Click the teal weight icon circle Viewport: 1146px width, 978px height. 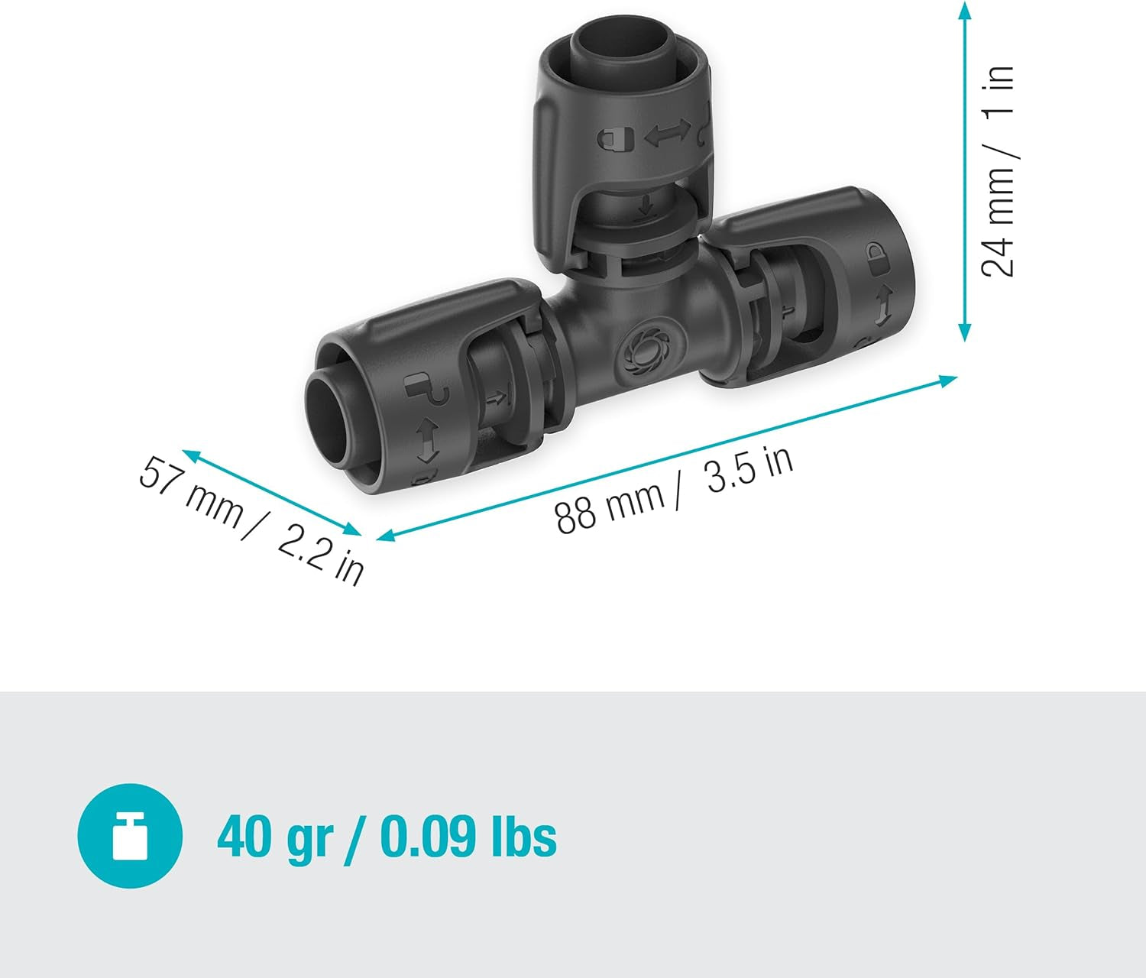(130, 836)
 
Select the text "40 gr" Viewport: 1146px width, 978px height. (274, 837)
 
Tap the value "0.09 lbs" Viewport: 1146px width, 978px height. (468, 837)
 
